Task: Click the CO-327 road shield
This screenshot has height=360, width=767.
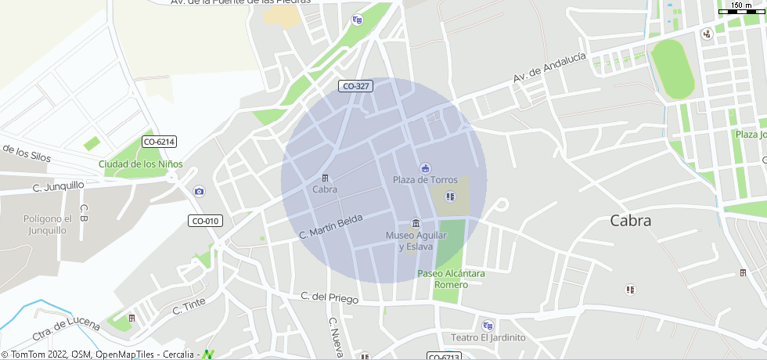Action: (355, 86)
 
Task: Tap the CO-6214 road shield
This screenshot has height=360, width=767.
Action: (160, 142)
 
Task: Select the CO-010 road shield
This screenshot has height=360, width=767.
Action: (206, 221)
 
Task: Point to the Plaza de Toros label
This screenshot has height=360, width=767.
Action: (425, 180)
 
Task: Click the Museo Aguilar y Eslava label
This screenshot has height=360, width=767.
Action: (416, 241)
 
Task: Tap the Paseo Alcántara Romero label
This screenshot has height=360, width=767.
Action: (451, 279)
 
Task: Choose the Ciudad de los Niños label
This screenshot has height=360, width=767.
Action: (140, 164)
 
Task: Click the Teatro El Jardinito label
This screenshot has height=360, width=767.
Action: (488, 337)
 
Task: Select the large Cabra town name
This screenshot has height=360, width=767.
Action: (630, 221)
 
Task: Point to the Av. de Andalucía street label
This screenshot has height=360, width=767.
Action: (549, 68)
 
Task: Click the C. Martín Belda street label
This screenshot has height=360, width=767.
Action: (330, 226)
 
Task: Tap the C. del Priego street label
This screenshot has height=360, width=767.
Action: (329, 298)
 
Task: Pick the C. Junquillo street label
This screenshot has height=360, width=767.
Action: (59, 186)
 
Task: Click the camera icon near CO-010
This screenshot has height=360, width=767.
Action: (199, 192)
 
